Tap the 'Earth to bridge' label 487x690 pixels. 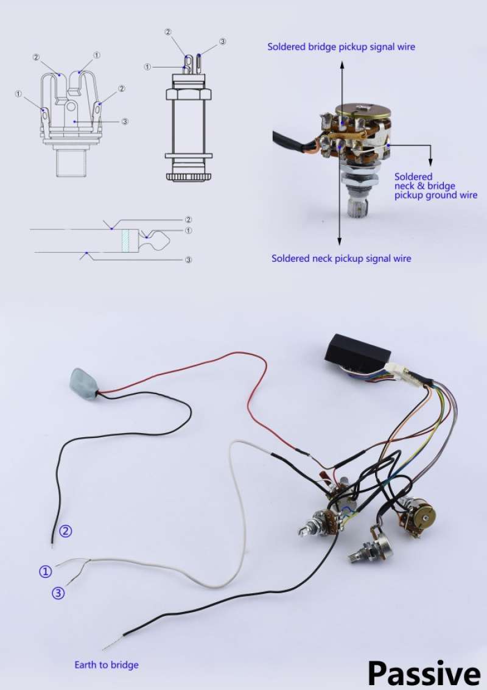tap(107, 664)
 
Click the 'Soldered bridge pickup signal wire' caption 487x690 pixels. tap(342, 47)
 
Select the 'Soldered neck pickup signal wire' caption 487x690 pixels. tap(342, 258)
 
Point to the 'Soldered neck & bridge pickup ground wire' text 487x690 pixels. tap(435, 186)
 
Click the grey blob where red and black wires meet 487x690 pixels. tap(84, 384)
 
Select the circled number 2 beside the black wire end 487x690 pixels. tap(66, 531)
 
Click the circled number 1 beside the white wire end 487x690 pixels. tap(46, 572)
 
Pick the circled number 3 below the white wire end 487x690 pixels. tap(58, 593)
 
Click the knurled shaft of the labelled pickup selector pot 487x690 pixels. tap(357, 208)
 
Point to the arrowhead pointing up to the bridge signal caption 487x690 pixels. tap(342, 64)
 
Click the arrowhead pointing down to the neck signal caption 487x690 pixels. tap(339, 241)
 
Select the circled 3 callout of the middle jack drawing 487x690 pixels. tap(223, 41)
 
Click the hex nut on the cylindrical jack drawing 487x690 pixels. tap(188, 94)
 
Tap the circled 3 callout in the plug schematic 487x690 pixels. tap(188, 259)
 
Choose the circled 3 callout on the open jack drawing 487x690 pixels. tap(125, 121)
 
